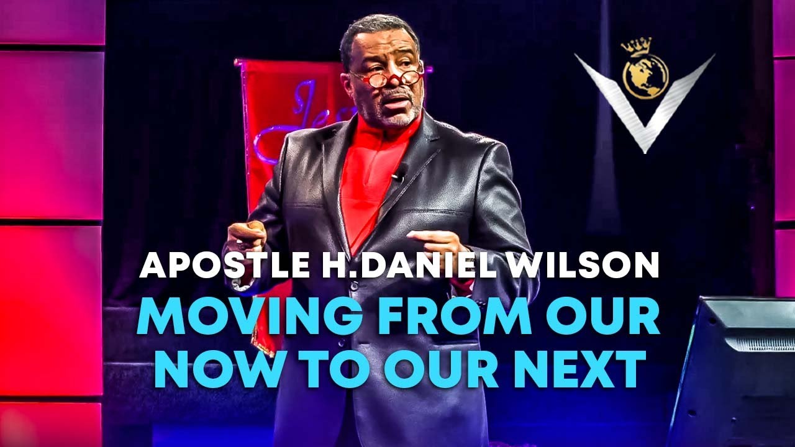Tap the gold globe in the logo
point(645,77)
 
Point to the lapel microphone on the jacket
point(398,173)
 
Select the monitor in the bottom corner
point(733,372)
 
